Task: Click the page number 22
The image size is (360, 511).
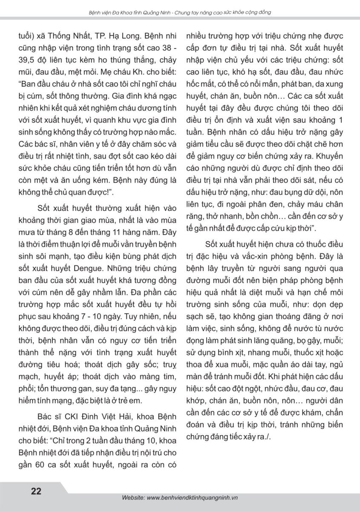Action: point(36,491)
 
